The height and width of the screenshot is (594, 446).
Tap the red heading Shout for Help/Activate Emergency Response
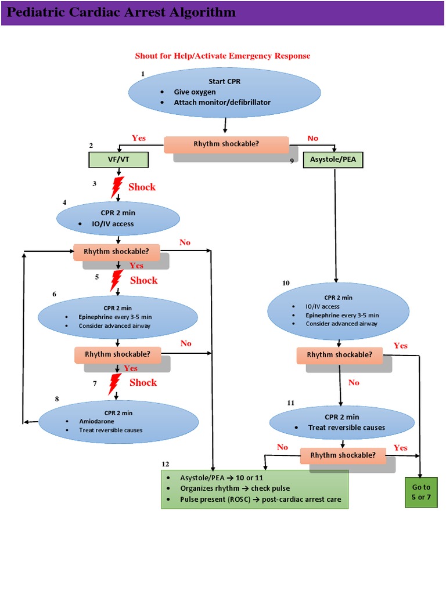point(222,56)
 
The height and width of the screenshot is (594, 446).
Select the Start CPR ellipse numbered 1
point(224,92)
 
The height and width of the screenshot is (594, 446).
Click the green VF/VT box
point(118,159)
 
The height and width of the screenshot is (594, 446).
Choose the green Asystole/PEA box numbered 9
point(333,160)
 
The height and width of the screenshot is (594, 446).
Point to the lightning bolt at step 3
point(117,187)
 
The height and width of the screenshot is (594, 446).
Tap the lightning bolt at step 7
point(116,383)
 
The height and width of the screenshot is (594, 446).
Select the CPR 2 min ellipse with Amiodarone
point(118,421)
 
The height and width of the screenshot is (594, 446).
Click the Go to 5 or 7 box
point(421,492)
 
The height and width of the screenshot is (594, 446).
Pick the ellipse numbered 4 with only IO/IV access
point(118,218)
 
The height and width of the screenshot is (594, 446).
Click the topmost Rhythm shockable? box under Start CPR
point(226,144)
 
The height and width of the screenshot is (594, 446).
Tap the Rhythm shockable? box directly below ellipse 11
point(343,455)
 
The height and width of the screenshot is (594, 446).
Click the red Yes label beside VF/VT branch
point(139,138)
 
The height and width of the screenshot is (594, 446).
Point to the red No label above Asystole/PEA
point(313,138)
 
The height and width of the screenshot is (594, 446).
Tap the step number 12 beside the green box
point(166,464)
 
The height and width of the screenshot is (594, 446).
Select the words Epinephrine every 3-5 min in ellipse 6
point(113,317)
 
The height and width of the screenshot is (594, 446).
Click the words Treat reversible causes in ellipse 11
point(346,428)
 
